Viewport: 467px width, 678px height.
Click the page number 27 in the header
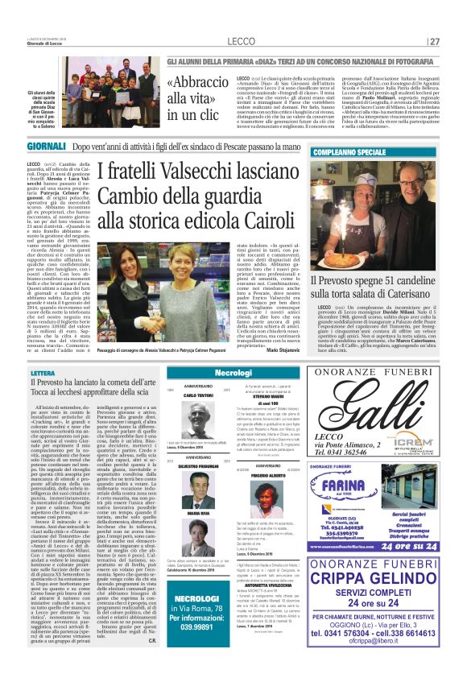[435, 41]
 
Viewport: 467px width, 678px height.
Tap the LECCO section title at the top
[242, 41]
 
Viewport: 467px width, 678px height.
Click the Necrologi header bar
[233, 374]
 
